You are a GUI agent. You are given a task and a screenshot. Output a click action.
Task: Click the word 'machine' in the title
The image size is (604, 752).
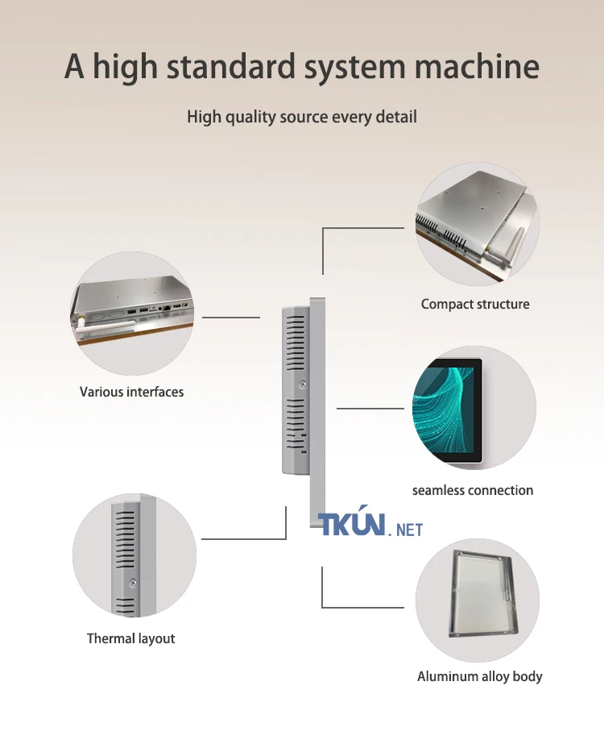coord(477,66)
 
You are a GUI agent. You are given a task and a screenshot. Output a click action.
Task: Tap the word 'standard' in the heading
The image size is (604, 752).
coord(230,66)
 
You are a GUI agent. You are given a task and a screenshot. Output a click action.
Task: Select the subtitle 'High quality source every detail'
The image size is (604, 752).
coord(302,117)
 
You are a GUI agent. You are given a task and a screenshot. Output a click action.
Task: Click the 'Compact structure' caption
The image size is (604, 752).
coord(475,304)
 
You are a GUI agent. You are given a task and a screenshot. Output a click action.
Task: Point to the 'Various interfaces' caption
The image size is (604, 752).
coord(131,392)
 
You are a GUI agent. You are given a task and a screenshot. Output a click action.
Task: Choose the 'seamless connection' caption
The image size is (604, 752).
coord(473,490)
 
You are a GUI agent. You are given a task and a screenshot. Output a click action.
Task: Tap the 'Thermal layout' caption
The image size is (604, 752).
coord(130,639)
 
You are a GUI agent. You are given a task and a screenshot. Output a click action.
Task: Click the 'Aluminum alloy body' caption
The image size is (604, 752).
coord(480,677)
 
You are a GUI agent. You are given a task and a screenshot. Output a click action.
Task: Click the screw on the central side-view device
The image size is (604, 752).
coord(302,384)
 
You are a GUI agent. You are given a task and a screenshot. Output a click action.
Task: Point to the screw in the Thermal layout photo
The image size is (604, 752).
coord(133,583)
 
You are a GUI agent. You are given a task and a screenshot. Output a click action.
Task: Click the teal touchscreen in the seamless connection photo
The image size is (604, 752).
coord(447,410)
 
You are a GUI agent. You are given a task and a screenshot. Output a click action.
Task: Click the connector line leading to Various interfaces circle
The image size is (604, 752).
coord(231,317)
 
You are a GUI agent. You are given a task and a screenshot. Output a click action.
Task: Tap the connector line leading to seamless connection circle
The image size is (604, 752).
coord(370,408)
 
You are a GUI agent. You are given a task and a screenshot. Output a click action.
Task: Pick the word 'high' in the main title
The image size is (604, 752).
coord(125,67)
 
